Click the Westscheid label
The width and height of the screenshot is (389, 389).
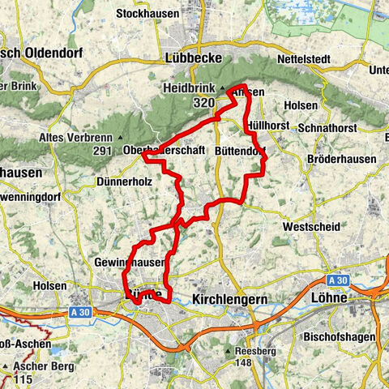tap(312, 228)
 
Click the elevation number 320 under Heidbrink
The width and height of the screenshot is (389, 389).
tap(204, 104)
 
